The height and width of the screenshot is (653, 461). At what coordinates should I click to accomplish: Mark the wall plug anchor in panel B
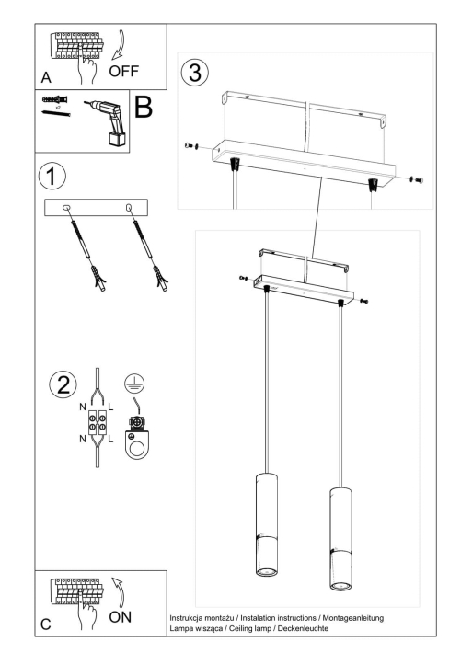click(x=52, y=98)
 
